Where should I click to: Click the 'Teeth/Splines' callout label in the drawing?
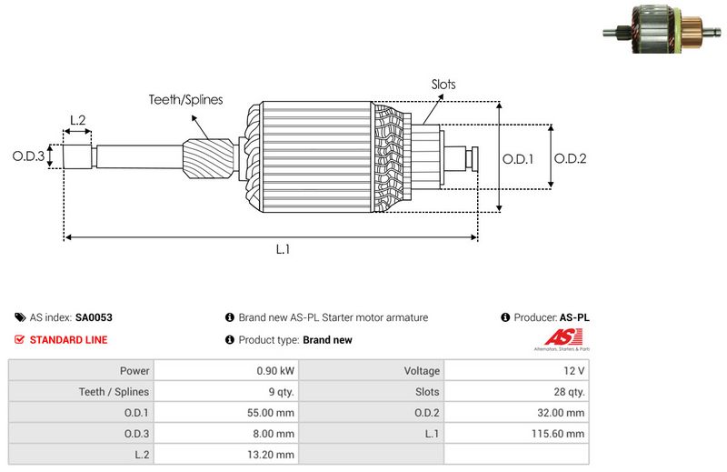[185, 100]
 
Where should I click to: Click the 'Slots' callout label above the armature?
[443, 85]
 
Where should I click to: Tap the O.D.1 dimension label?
[518, 158]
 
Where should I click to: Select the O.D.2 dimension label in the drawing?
[570, 158]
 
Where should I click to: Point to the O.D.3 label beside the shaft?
[28, 156]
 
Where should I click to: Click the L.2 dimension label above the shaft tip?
[77, 120]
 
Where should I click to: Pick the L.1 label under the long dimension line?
[283, 250]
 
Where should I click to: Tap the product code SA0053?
[94, 318]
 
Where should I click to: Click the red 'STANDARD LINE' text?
[68, 340]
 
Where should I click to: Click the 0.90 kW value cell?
[274, 371]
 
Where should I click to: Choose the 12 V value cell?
[574, 371]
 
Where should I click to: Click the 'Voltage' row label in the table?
[422, 371]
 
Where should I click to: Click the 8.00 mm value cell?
[274, 434]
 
